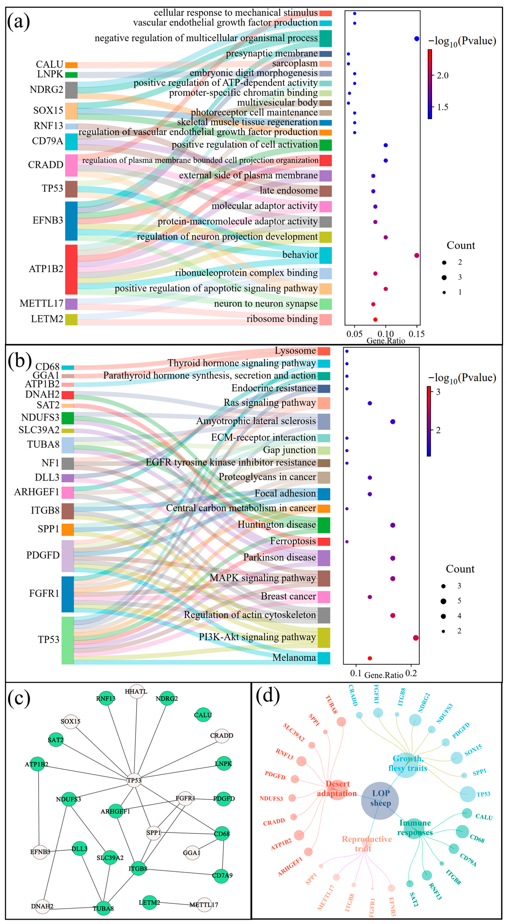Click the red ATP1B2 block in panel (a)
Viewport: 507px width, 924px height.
71,269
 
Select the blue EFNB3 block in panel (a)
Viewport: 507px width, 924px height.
71,221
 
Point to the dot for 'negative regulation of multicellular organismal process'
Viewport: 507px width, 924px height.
416,38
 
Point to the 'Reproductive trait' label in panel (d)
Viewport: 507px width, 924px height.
367,844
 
